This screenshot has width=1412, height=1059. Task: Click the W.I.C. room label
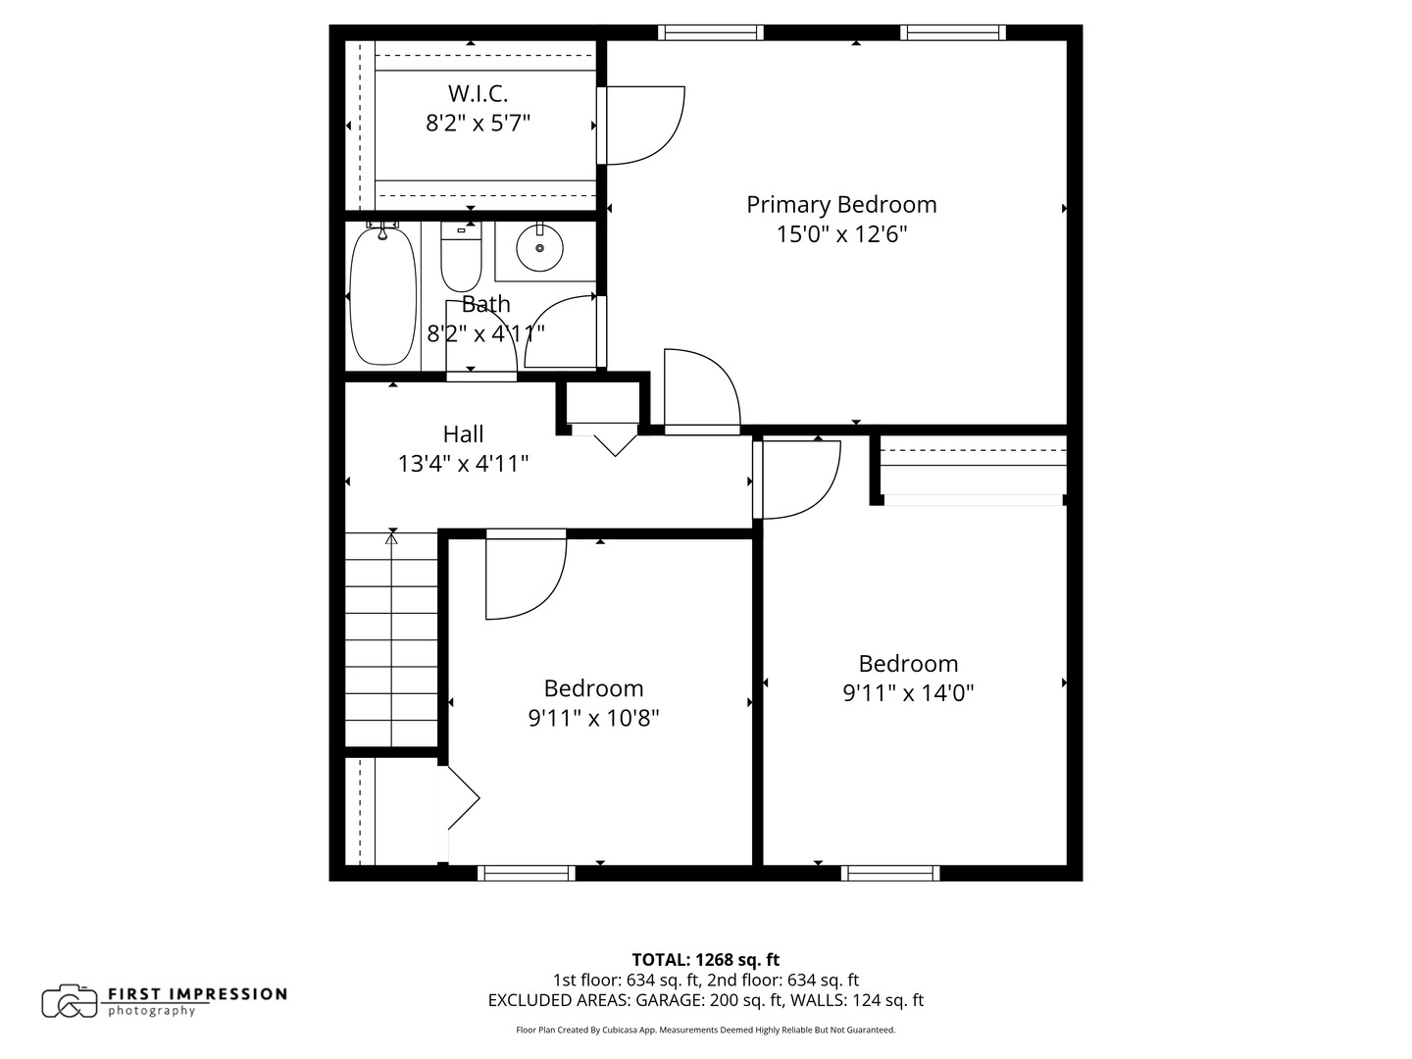point(478,94)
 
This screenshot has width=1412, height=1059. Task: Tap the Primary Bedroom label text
point(841,205)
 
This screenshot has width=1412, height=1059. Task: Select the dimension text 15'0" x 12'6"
point(841,234)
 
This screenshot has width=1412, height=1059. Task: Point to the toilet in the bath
point(461,257)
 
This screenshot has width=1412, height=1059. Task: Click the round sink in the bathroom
point(538,248)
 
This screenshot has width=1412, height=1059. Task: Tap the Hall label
point(463,433)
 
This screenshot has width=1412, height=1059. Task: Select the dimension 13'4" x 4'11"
point(463,463)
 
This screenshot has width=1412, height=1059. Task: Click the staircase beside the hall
point(391,637)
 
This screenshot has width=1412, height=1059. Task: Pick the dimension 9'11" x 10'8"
point(593,718)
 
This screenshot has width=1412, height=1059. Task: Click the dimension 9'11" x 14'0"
point(908,693)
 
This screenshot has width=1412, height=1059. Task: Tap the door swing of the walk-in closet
point(639,125)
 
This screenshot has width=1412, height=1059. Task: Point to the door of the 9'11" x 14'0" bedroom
point(796,479)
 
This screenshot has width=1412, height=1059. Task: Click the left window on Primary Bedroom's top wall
point(711,32)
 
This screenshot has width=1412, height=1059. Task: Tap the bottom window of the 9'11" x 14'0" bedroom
point(890,873)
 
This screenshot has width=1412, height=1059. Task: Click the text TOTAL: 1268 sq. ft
point(705,960)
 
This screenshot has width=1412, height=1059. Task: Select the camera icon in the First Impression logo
point(70,1001)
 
